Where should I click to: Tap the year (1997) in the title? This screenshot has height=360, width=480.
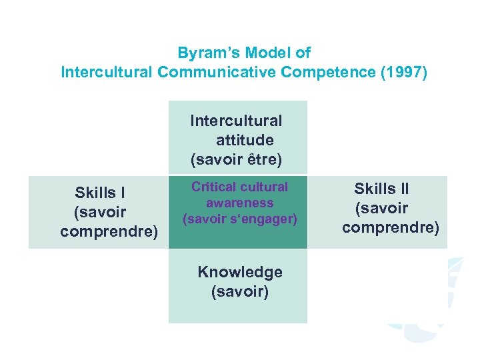(401, 72)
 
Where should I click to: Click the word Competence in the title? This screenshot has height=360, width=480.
(326, 72)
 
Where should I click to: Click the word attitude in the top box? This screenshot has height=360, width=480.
(244, 140)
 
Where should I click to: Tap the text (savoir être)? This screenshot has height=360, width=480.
(236, 159)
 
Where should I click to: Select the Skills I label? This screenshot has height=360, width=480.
(100, 193)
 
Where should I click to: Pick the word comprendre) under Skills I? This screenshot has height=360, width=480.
(109, 231)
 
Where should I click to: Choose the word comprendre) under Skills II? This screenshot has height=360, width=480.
(391, 227)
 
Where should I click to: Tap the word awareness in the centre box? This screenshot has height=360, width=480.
(240, 203)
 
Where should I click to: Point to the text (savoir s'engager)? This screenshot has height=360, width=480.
(239, 218)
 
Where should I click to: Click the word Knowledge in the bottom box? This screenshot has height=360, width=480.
(239, 272)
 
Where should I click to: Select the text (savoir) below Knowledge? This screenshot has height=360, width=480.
(239, 291)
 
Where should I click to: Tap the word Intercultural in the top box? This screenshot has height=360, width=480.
(236, 121)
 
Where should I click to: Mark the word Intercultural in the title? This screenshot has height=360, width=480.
(106, 72)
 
